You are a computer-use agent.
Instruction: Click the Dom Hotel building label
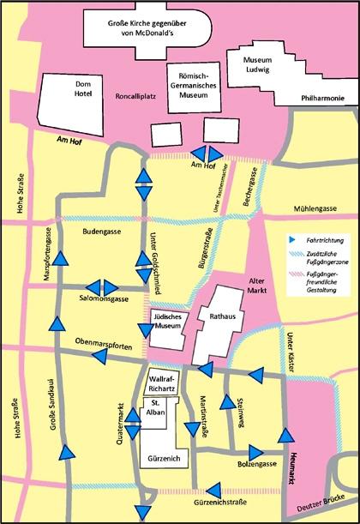(83, 89)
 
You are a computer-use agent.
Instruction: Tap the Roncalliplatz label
(135, 96)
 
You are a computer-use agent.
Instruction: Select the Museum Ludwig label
(257, 65)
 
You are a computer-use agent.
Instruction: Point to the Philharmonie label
(322, 99)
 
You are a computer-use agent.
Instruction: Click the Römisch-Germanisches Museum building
(194, 87)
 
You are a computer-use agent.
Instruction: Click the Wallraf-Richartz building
(164, 382)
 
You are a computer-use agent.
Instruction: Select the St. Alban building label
(156, 407)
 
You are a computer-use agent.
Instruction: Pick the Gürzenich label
(164, 459)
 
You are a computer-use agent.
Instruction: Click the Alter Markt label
(257, 286)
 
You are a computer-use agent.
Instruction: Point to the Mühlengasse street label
(315, 209)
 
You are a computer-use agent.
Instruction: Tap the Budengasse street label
(102, 232)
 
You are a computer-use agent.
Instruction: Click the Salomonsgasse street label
(104, 298)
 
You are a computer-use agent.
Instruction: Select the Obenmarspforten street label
(104, 344)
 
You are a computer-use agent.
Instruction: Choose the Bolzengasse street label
(257, 464)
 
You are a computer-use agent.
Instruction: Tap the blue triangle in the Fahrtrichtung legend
(292, 239)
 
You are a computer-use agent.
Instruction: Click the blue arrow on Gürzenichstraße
(214, 491)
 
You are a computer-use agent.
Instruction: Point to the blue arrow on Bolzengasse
(256, 453)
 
